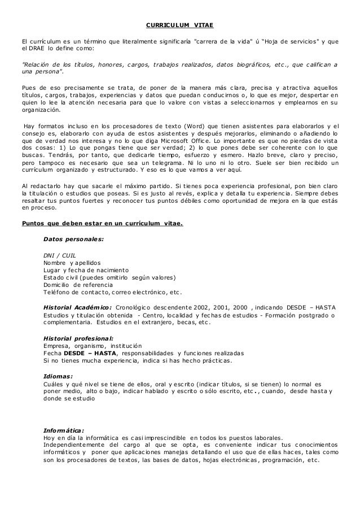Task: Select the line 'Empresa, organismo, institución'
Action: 93,346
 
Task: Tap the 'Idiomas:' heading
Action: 58,376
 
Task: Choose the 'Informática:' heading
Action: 64,430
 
